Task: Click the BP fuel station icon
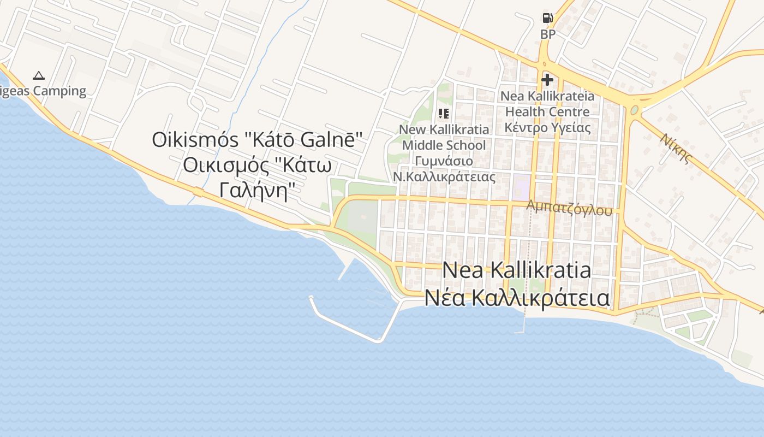pyautogui.click(x=547, y=18)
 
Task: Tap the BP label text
pyautogui.click(x=547, y=34)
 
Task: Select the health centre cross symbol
pyautogui.click(x=547, y=80)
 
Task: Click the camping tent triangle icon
pyautogui.click(x=38, y=75)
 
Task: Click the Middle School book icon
pyautogui.click(x=444, y=113)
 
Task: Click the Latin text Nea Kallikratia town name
pyautogui.click(x=516, y=270)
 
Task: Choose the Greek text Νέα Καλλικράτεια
pyautogui.click(x=517, y=298)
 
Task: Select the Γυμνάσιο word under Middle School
pyautogui.click(x=444, y=161)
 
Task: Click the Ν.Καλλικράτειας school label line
pyautogui.click(x=444, y=177)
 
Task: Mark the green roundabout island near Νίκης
pyautogui.click(x=634, y=110)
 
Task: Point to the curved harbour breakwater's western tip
pyautogui.click(x=311, y=298)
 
